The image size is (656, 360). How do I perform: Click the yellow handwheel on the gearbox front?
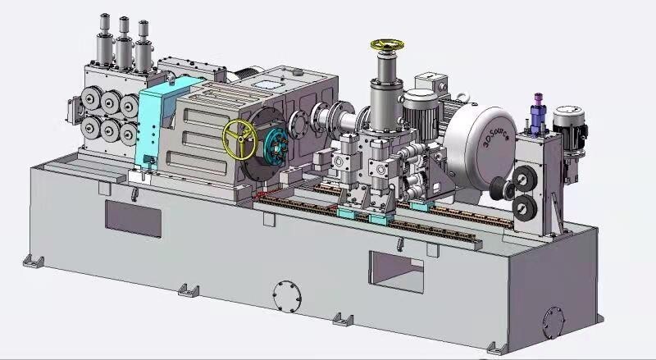tap(239, 139)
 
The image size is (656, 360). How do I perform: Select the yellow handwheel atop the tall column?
tap(384, 46)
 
